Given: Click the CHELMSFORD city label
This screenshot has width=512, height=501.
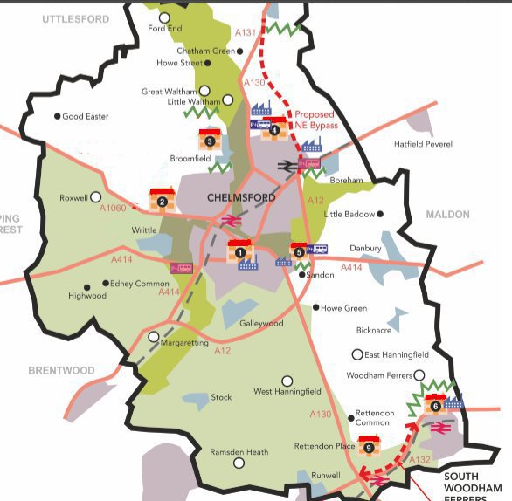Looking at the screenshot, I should coord(242,198).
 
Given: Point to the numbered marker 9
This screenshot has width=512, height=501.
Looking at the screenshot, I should coord(369,448).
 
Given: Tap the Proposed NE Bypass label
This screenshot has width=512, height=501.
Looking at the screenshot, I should coord(315,120).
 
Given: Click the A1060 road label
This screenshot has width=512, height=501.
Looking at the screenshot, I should coord(114,209).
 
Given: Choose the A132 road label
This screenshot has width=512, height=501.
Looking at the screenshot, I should coord(419,459).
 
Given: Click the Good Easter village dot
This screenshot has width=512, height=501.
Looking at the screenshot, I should coord(58,116).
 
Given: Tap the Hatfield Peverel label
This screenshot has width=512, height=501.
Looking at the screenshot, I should coord(424,144).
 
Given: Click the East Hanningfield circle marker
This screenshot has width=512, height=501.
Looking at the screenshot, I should coord(356,354).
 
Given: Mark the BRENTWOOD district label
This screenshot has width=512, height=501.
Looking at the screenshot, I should coord(61,371).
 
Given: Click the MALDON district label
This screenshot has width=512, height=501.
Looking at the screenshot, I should coord(447,215).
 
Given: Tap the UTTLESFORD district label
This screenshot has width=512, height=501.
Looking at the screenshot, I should coord(75,18).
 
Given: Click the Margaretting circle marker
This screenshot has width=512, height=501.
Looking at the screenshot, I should coord(154,336).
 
